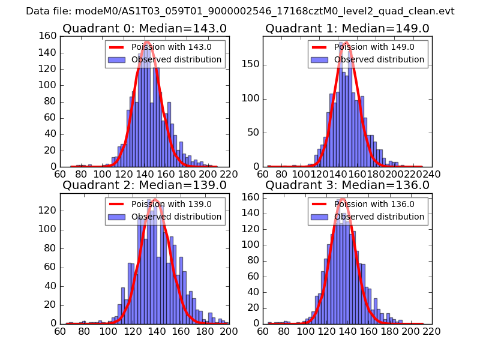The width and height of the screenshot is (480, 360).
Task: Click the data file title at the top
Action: (240, 11)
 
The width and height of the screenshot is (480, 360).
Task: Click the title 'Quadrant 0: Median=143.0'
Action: (144, 28)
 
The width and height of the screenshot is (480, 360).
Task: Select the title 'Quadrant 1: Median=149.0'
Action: (347, 28)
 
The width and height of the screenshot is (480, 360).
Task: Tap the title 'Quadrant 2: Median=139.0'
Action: (144, 185)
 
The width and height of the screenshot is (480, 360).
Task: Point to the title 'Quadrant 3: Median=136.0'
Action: (347, 185)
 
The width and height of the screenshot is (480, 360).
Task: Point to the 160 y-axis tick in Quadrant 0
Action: (49, 36)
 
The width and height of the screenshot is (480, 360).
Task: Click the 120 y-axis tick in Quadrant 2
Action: (49, 211)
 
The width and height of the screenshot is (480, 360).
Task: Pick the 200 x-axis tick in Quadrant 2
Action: (229, 331)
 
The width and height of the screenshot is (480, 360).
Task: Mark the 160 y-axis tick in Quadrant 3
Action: (252, 197)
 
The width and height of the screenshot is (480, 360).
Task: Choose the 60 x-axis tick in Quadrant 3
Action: (263, 331)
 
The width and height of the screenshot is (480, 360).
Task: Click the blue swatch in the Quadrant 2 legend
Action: (117, 216)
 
